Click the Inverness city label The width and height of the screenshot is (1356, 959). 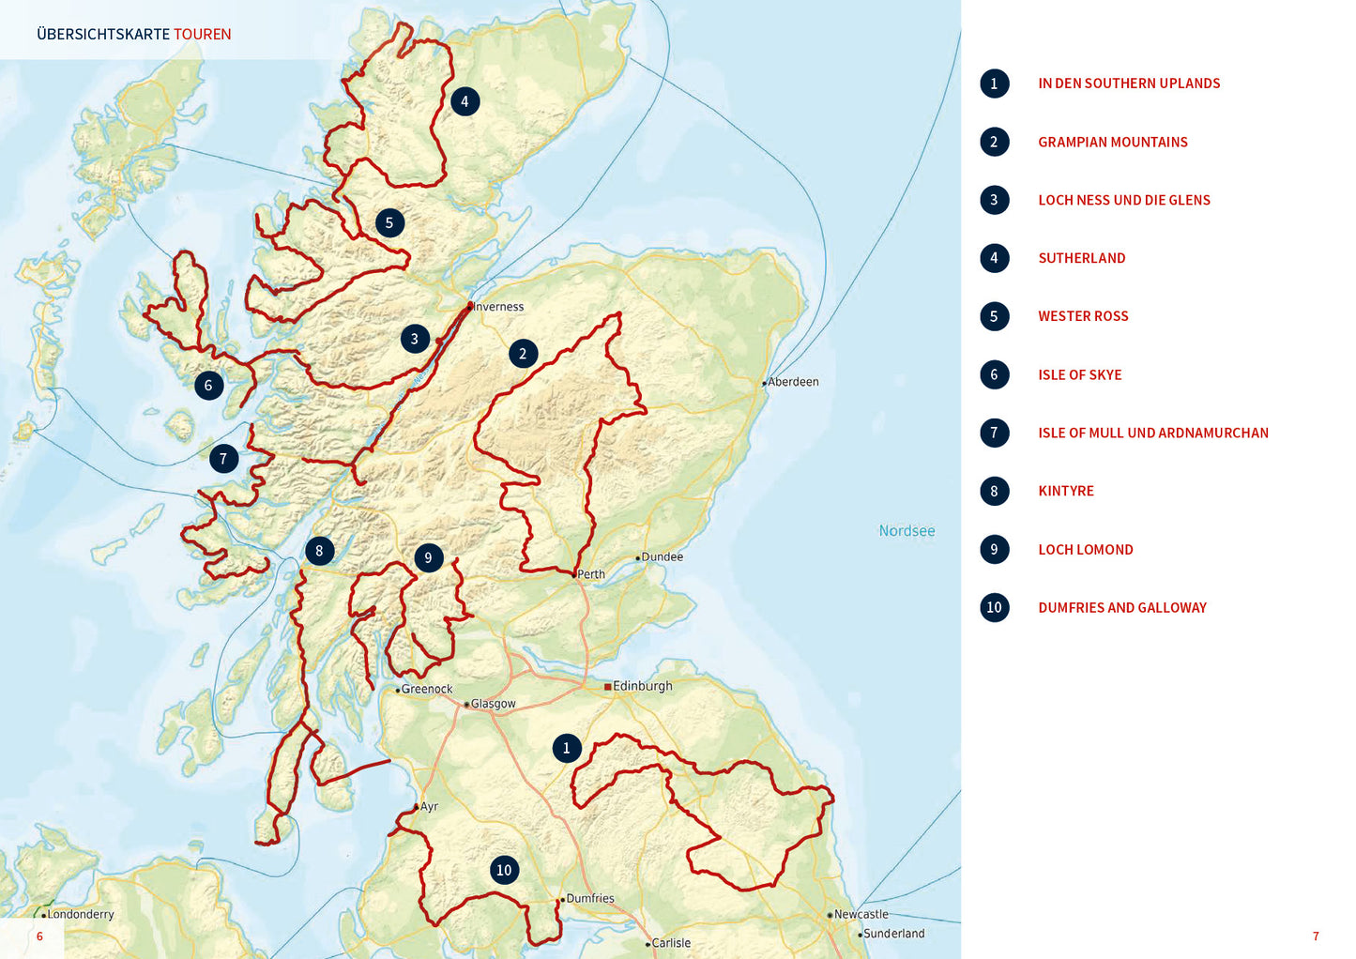pyautogui.click(x=498, y=307)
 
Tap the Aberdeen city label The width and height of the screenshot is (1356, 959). pyautogui.click(x=793, y=382)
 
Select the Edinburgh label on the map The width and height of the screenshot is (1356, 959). pyautogui.click(x=642, y=686)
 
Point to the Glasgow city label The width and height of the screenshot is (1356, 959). pyautogui.click(x=493, y=704)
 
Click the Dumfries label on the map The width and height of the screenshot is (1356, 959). pyautogui.click(x=590, y=898)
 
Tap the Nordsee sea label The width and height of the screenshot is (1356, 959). pyautogui.click(x=907, y=531)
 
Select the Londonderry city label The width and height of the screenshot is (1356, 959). pyautogui.click(x=80, y=914)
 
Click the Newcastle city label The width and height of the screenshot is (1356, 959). pyautogui.click(x=861, y=914)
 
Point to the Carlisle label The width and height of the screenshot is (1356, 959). pyautogui.click(x=671, y=943)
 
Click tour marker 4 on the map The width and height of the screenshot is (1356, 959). pyautogui.click(x=465, y=101)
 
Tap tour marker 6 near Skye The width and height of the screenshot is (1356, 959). pyautogui.click(x=208, y=385)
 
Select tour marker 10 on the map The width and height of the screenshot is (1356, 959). pyautogui.click(x=504, y=870)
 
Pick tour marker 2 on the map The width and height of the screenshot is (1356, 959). pyautogui.click(x=523, y=354)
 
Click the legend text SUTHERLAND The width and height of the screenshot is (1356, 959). pyautogui.click(x=1081, y=258)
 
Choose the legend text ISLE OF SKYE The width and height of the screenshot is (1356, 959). pyautogui.click(x=1079, y=374)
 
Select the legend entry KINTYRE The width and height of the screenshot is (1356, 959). pyautogui.click(x=1066, y=491)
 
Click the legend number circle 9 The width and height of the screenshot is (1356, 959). pyautogui.click(x=994, y=549)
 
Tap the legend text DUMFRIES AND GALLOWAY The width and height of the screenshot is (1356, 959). pyautogui.click(x=1122, y=607)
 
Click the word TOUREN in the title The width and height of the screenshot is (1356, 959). pyautogui.click(x=202, y=35)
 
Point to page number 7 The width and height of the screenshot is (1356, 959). pyautogui.click(x=1315, y=936)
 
